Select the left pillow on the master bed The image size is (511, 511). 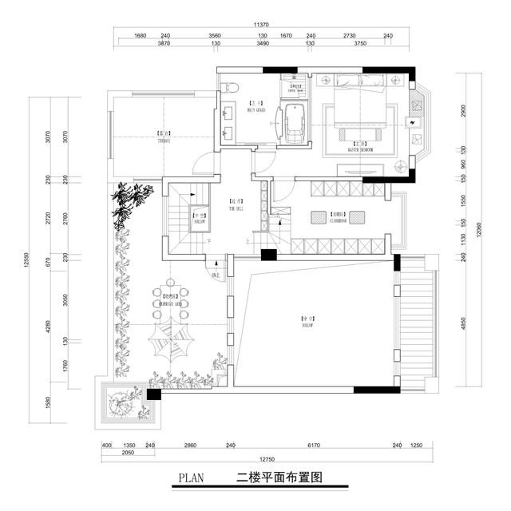tap(349, 81)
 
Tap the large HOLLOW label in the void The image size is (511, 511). tap(307, 322)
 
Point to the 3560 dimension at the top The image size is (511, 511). tap(214, 36)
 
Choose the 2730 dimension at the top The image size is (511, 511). tap(349, 36)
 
